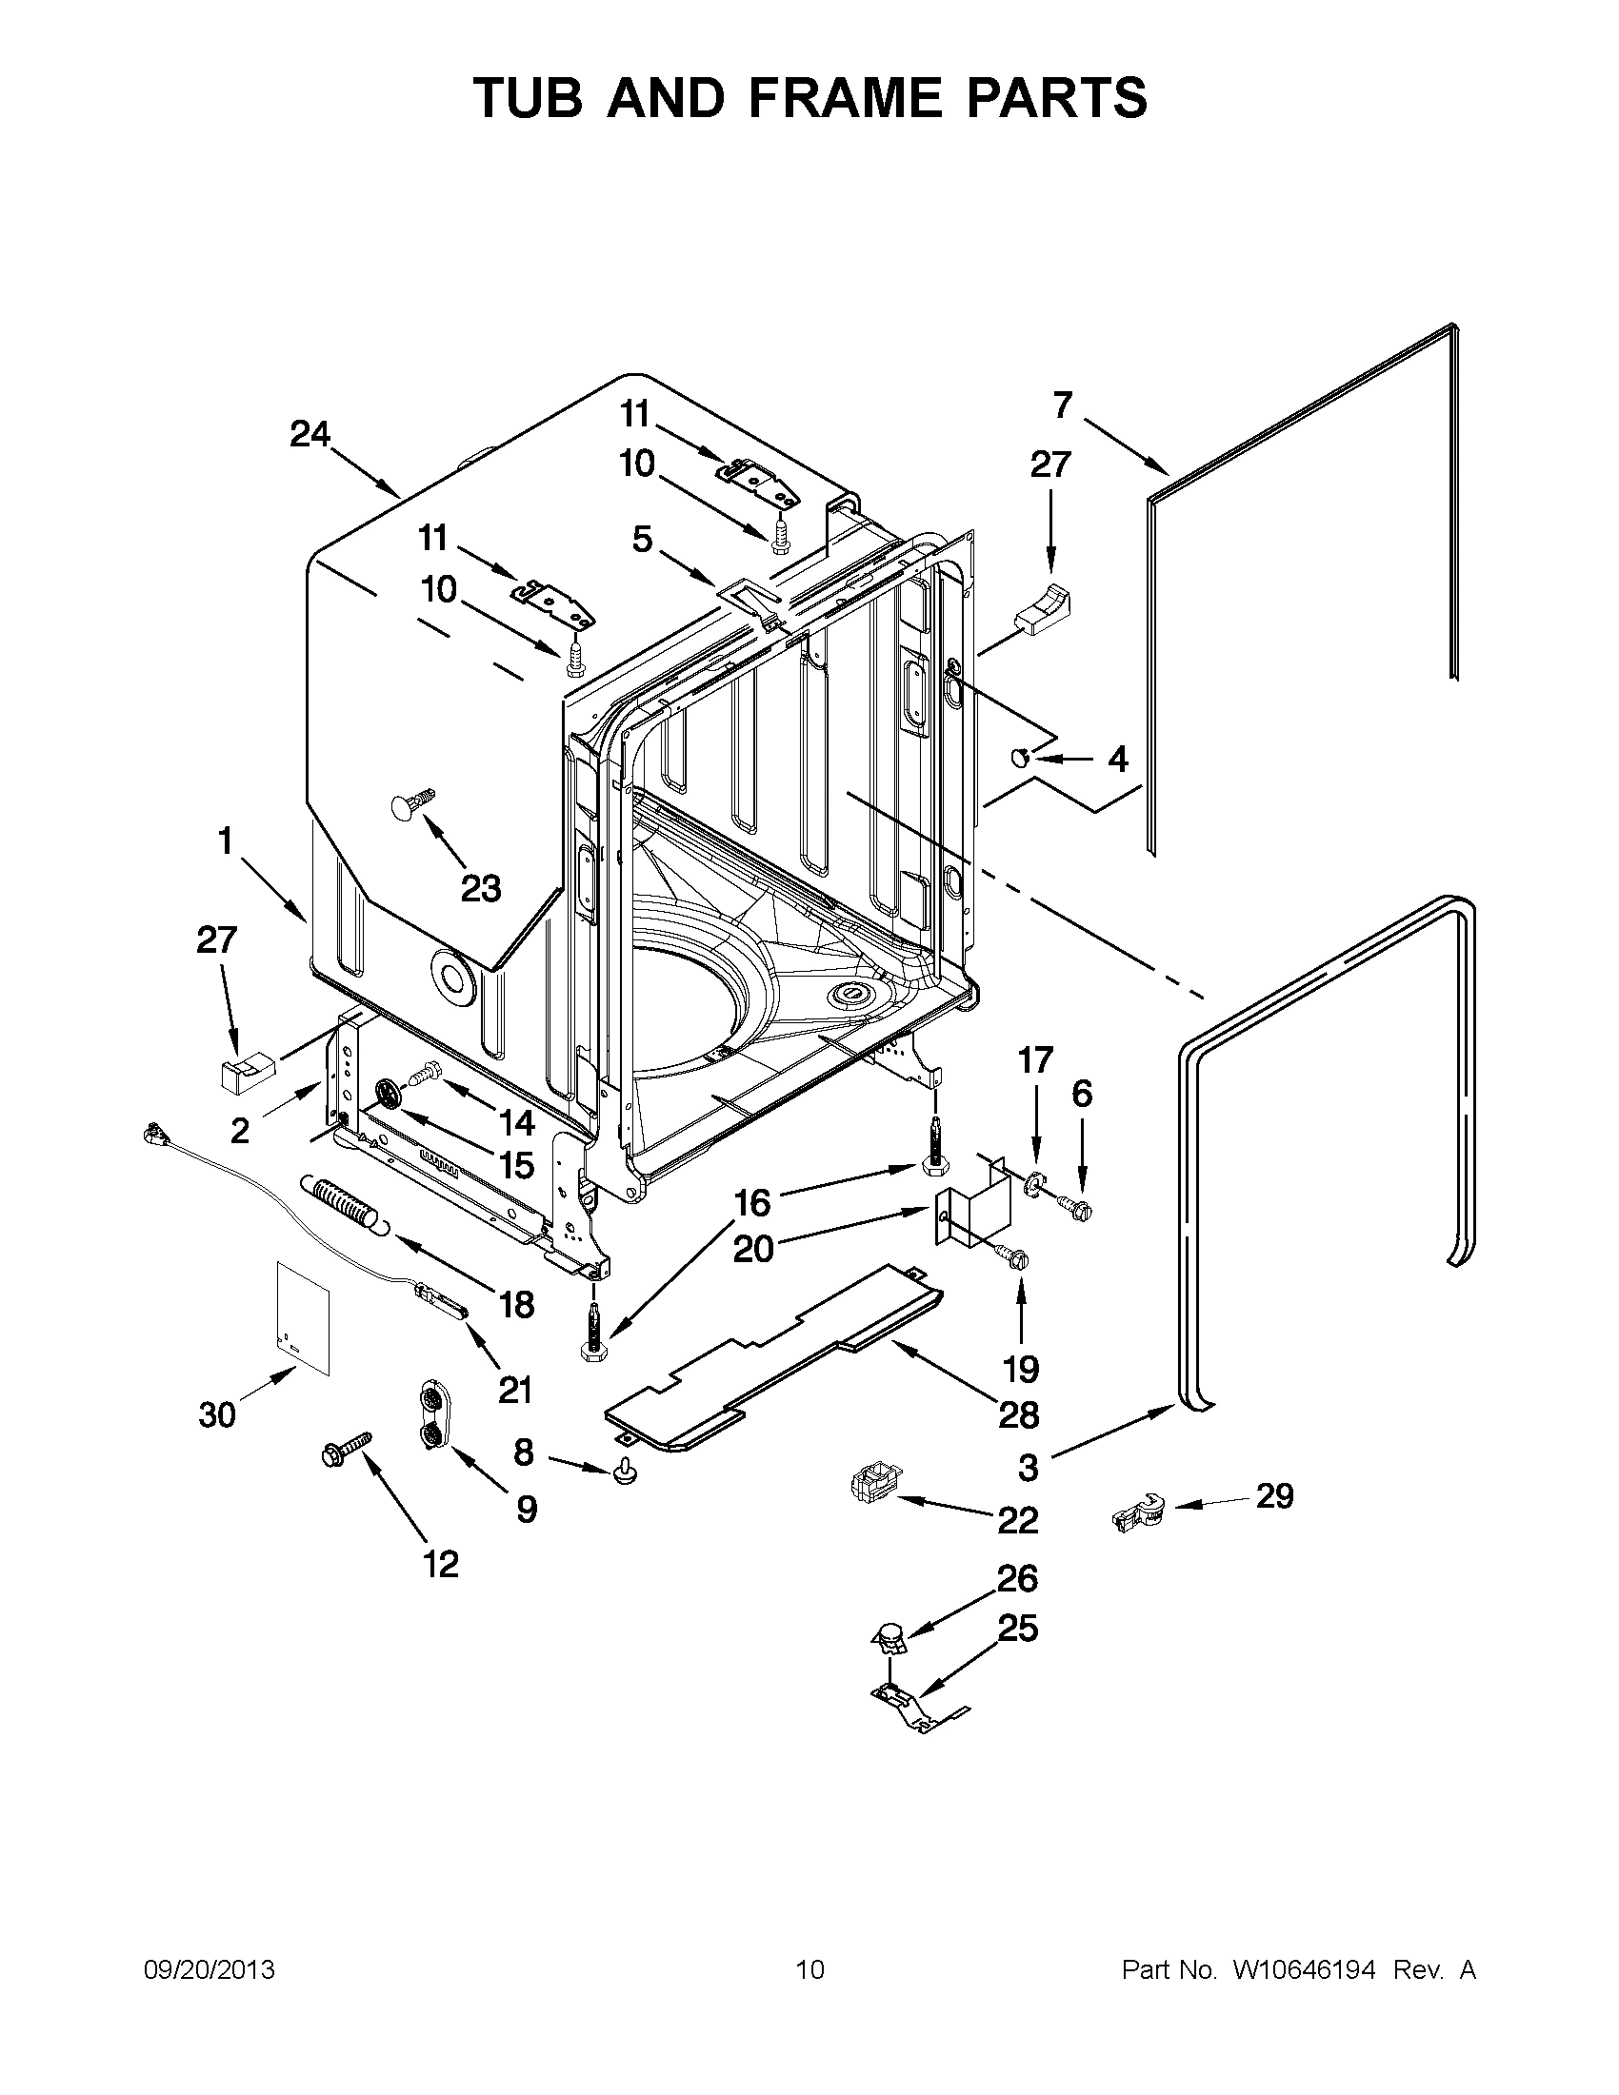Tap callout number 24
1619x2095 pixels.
pos(310,435)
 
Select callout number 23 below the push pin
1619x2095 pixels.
pos(481,889)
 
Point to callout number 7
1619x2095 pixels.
pos(1062,405)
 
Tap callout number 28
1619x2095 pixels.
pos(1018,1414)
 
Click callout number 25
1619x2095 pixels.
pos(1018,1628)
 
